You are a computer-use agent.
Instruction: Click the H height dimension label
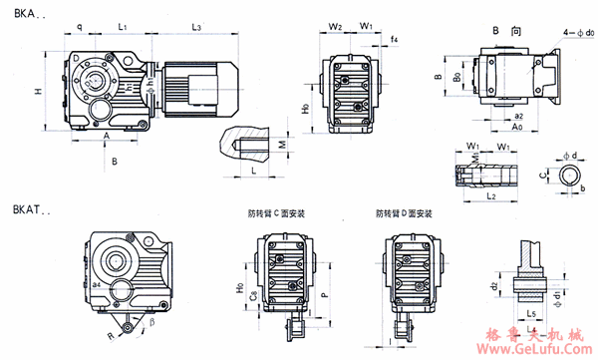tap(37, 92)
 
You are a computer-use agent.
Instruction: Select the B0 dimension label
tap(456, 75)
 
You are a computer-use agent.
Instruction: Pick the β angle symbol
tap(152, 321)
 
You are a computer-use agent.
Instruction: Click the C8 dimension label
tap(253, 294)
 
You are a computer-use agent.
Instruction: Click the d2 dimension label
tap(493, 287)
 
